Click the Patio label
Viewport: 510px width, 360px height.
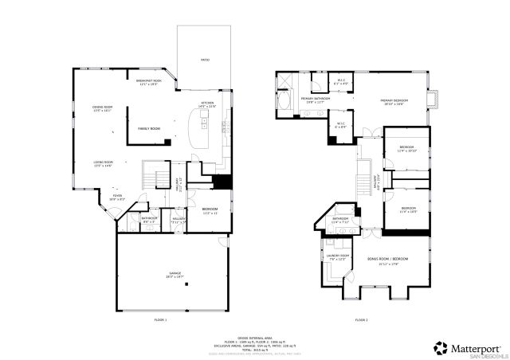(x=205, y=60)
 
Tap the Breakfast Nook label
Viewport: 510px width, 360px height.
(x=149, y=83)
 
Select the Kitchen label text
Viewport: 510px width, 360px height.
(x=207, y=105)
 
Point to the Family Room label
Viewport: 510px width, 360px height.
(x=149, y=128)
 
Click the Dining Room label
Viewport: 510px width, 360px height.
(x=102, y=109)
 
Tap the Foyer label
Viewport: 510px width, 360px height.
(x=117, y=197)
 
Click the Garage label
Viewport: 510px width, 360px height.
(x=174, y=276)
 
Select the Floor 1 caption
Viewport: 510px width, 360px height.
(x=160, y=319)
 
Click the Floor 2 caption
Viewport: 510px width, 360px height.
(x=362, y=319)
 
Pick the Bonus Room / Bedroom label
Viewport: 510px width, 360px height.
(x=387, y=260)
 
